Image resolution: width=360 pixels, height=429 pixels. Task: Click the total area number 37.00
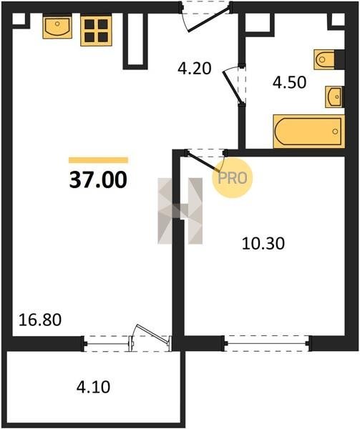98,179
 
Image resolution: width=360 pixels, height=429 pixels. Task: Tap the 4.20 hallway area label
195,69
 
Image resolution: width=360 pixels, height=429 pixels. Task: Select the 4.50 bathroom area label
289,82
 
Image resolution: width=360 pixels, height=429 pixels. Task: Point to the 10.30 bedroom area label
263,244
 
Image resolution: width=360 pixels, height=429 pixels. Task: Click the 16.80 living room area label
40,320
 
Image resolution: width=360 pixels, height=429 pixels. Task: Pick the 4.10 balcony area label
93,387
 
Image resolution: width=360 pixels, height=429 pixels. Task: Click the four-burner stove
96,31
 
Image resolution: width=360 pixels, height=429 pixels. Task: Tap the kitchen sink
57,27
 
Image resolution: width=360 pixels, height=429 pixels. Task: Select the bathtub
308,132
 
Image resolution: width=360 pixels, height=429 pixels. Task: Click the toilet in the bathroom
324,59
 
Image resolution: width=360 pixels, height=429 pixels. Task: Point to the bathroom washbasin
334,97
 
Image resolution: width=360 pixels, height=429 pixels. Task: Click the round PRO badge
233,178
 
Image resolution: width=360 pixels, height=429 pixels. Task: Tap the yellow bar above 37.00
98,159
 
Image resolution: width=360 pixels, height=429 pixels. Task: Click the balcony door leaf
152,334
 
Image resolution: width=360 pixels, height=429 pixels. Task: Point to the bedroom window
267,343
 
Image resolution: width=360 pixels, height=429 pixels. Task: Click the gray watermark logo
180,211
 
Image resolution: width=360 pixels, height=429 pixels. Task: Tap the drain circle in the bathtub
335,132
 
